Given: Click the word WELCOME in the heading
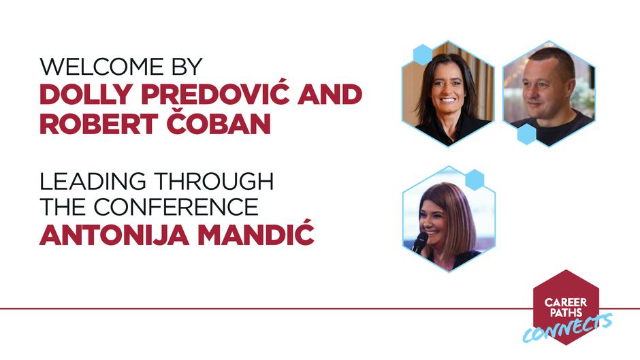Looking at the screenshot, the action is point(100,67).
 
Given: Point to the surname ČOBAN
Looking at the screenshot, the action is point(219,122).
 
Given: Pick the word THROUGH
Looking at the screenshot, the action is point(214,181).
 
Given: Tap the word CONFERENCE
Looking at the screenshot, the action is point(176,206).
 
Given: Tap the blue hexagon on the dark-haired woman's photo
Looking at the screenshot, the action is point(423,54).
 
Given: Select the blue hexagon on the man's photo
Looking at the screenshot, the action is point(526,134).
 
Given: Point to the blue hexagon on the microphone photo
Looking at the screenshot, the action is point(475,180).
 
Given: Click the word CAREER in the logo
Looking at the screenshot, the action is point(566,302).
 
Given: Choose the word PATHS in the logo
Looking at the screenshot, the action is point(566,313).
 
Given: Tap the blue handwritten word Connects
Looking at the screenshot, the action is point(568,328).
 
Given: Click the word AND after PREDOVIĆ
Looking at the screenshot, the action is point(330,95).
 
